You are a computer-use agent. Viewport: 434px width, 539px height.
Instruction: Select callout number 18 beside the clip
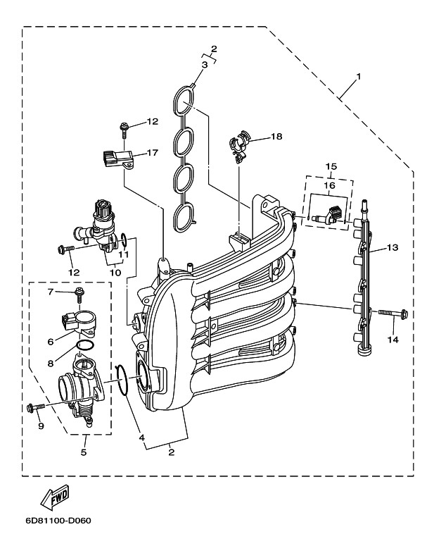point(276,137)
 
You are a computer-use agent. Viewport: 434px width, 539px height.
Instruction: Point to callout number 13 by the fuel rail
point(392,247)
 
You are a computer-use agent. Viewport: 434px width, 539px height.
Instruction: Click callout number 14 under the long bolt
point(392,339)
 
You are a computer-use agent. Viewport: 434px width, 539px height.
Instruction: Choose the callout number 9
point(41,426)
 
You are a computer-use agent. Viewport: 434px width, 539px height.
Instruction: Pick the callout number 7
point(51,291)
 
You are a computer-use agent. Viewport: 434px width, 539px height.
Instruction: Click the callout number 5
point(83,452)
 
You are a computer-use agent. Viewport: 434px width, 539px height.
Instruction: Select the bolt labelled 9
point(33,407)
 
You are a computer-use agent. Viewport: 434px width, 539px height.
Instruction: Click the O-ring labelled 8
point(84,345)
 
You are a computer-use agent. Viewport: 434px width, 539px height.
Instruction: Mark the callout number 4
point(143,437)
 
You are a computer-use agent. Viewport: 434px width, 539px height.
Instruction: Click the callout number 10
point(115,272)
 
